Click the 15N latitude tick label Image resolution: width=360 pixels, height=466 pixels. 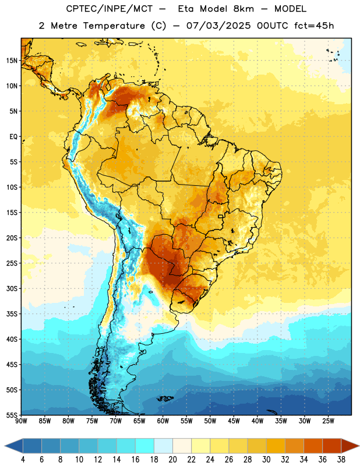pyautogui.click(x=12, y=61)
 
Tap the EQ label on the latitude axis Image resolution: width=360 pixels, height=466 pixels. pyautogui.click(x=13, y=137)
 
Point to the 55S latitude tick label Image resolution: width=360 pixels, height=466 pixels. pyautogui.click(x=12, y=415)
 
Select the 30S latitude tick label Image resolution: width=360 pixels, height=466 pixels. pyautogui.click(x=12, y=288)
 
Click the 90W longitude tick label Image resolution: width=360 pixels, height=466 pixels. pyautogui.click(x=21, y=421)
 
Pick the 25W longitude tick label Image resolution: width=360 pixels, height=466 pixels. pyautogui.click(x=328, y=421)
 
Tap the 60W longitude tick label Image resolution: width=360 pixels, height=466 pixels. pyautogui.click(x=163, y=421)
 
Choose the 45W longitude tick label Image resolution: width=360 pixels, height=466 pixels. pyautogui.click(x=234, y=421)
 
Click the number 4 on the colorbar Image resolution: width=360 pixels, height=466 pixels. pyautogui.click(x=23, y=460)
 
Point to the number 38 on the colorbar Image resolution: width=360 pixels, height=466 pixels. pyautogui.click(x=341, y=460)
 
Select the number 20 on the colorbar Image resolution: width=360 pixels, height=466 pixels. pyautogui.click(x=172, y=460)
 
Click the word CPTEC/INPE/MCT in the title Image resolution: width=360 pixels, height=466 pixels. pyautogui.click(x=110, y=9)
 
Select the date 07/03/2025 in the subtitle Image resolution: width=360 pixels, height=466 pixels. pyautogui.click(x=218, y=26)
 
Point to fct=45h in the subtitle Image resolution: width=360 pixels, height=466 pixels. pyautogui.click(x=314, y=26)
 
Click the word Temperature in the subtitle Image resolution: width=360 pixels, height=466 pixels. pyautogui.click(x=114, y=26)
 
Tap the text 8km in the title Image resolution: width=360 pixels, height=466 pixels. pyautogui.click(x=243, y=9)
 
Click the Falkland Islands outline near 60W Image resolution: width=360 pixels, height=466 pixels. pyautogui.click(x=165, y=398)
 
